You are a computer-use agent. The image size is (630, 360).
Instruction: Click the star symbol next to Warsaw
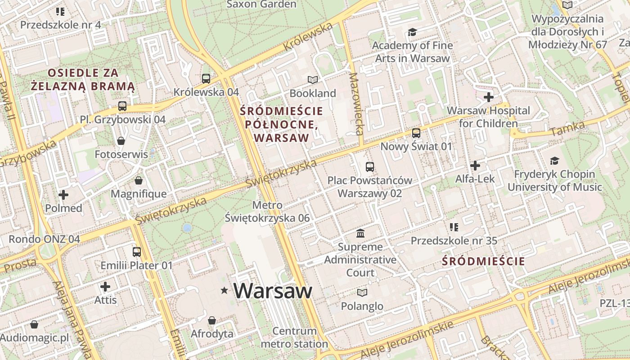tap(224, 291)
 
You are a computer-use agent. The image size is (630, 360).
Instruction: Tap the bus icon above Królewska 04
tap(206, 79)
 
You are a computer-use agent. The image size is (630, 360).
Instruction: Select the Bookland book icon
tap(313, 80)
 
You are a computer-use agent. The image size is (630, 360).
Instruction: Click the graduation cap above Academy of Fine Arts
tap(412, 32)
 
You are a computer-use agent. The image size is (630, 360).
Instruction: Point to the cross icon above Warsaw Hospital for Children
tap(489, 97)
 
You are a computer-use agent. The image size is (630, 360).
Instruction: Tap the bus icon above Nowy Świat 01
tap(416, 133)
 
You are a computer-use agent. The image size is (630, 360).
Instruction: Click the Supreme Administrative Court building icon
tap(360, 233)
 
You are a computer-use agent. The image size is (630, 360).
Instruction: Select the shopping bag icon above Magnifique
tap(139, 180)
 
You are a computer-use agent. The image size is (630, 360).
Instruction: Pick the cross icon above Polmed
tap(63, 195)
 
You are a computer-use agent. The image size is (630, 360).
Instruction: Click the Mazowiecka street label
tap(355, 104)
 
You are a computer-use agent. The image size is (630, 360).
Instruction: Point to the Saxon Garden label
tap(261, 4)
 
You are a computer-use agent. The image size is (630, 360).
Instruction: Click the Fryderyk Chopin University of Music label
tap(554, 180)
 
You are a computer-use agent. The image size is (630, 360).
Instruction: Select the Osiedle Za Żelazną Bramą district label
tap(83, 79)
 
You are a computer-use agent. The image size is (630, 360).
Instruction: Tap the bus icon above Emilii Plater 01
tap(137, 252)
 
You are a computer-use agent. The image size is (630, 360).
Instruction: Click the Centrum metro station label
tap(294, 337)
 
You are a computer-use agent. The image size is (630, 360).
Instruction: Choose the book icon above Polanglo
tap(362, 292)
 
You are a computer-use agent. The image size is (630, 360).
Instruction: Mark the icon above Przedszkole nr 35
tap(454, 227)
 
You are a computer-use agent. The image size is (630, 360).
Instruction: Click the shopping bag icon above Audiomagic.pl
tap(34, 324)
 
